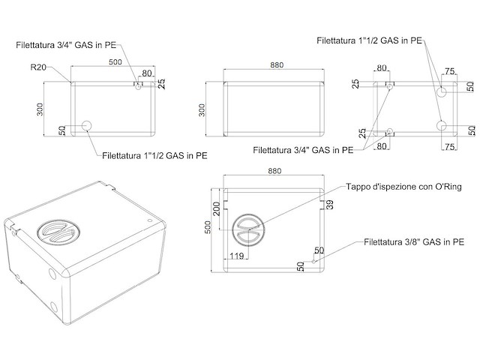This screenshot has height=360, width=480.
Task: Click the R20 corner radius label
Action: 39,67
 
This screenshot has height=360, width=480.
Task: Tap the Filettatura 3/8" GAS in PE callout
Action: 413,242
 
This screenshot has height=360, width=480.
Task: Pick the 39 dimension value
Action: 329,205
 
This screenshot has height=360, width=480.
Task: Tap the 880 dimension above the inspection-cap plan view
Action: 274,172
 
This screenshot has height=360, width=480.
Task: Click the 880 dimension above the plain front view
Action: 277,65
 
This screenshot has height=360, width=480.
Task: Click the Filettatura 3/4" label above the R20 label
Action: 65,45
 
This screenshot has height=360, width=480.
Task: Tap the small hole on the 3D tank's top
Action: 150,220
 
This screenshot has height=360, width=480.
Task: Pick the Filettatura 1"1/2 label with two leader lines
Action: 368,40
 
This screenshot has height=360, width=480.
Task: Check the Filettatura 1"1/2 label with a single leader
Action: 154,156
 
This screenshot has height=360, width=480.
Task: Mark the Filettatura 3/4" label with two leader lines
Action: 303,150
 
